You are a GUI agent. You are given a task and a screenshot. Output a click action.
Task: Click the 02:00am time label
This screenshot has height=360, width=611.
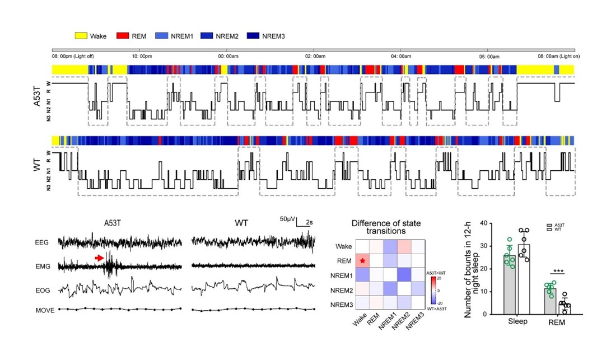tap(315, 57)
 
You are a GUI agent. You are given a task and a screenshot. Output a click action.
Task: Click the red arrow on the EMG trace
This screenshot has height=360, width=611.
tap(99, 258)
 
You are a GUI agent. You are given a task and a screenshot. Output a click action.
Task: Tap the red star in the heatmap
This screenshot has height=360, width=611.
tap(362, 261)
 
